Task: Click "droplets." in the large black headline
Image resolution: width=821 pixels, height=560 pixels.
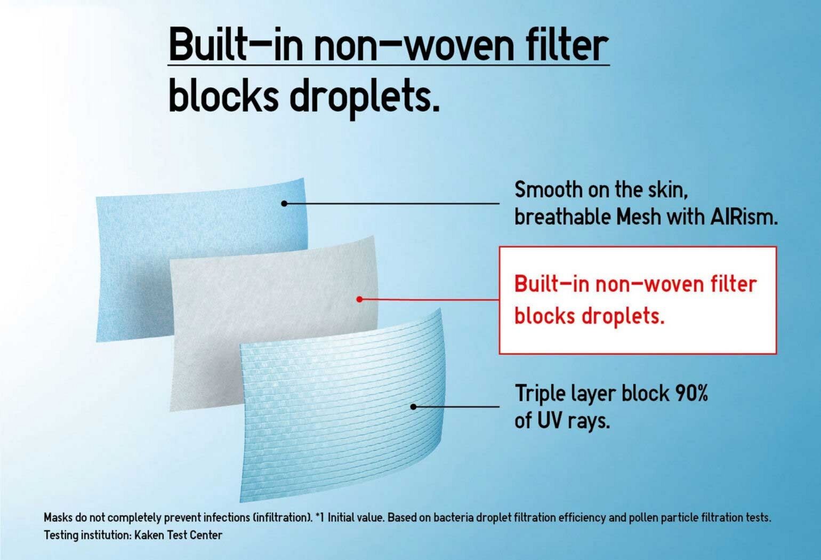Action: pyautogui.click(x=364, y=97)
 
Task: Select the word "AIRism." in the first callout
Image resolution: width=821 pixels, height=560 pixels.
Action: pyautogui.click(x=744, y=217)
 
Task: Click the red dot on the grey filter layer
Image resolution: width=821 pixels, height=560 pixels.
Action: pyautogui.click(x=359, y=299)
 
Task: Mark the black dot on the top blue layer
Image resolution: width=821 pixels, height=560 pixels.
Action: pyautogui.click(x=284, y=203)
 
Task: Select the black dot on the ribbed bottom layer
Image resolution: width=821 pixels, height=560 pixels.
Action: pyautogui.click(x=413, y=406)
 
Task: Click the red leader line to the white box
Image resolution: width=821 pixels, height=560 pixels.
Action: pyautogui.click(x=429, y=300)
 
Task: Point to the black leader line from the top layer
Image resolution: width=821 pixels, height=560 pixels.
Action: pyautogui.click(x=391, y=203)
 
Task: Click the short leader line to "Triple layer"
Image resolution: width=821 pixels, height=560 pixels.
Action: pyautogui.click(x=456, y=406)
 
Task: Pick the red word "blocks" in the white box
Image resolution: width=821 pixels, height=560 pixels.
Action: pyautogui.click(x=545, y=316)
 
